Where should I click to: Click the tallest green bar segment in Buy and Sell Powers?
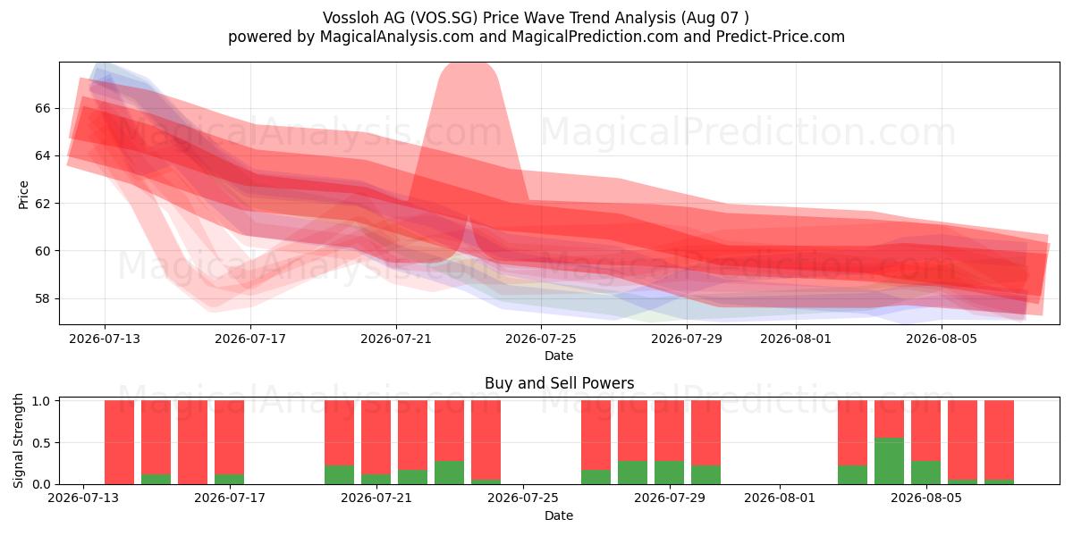tap(889, 460)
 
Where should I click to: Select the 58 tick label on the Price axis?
tap(42, 298)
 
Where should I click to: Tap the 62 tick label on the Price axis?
tap(42, 204)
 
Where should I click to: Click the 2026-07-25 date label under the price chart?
tap(541, 339)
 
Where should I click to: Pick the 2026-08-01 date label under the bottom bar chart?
tap(780, 498)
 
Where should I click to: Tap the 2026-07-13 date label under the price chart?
tap(105, 339)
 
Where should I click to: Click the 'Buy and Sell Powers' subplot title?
tap(559, 383)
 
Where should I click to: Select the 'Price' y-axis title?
tap(23, 195)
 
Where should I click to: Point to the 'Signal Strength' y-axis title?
tap(18, 440)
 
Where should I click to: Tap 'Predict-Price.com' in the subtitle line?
tap(781, 37)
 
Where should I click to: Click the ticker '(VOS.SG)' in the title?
tap(444, 18)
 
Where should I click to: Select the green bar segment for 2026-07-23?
tap(449, 473)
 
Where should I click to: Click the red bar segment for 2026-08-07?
tap(1000, 440)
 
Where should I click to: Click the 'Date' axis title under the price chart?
tap(559, 356)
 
